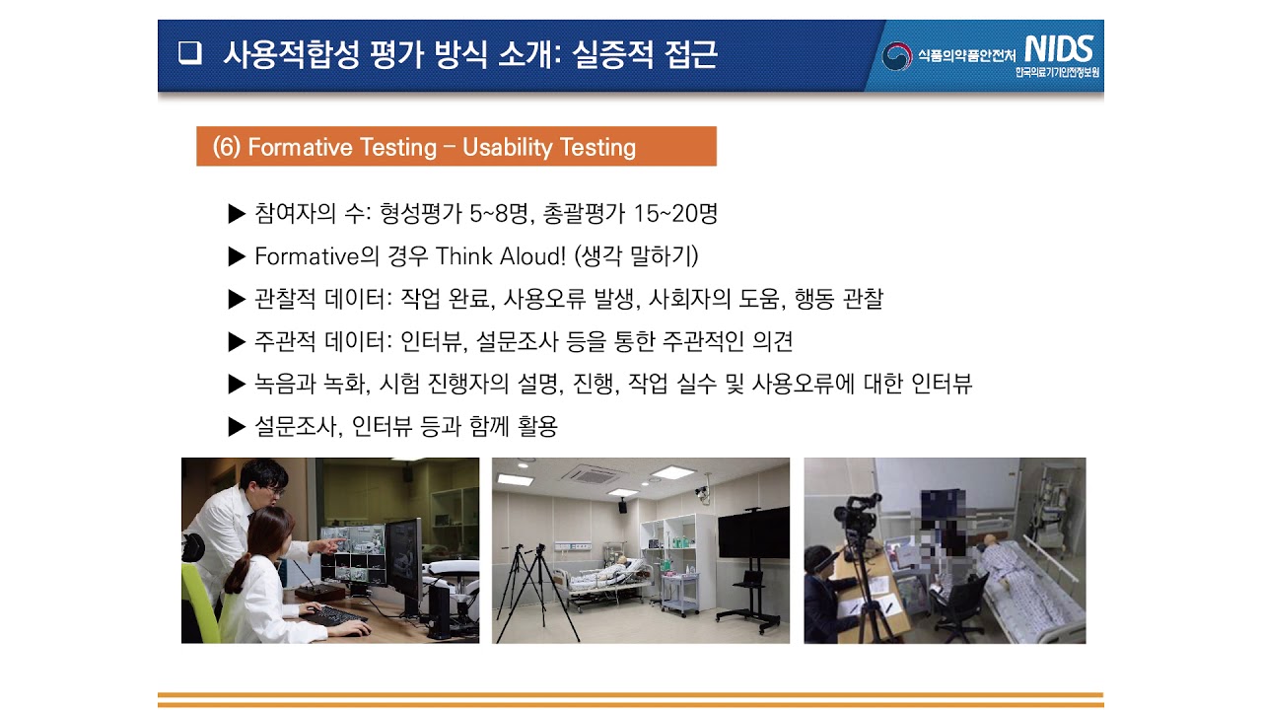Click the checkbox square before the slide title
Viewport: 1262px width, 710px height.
[x=189, y=54]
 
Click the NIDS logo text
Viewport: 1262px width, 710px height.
[x=1058, y=49]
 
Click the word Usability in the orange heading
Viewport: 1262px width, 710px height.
[x=508, y=148]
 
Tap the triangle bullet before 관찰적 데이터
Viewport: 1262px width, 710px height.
[x=236, y=299]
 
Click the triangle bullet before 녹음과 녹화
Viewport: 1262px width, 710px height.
[x=236, y=385]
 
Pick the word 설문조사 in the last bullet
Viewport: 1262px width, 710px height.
[x=291, y=427]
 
